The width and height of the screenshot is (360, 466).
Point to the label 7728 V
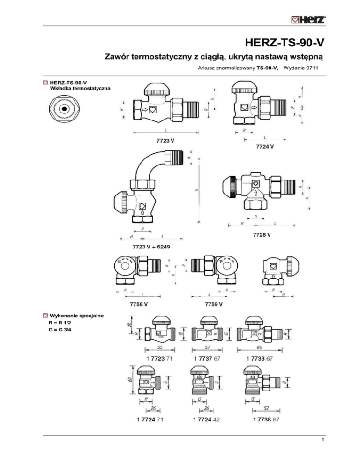tap(262, 234)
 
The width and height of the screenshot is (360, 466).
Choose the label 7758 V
tap(138, 305)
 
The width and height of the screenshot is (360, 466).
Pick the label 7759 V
tap(214, 305)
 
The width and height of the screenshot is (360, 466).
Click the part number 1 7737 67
tap(206, 359)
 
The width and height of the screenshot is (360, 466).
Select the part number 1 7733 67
tap(259, 359)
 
